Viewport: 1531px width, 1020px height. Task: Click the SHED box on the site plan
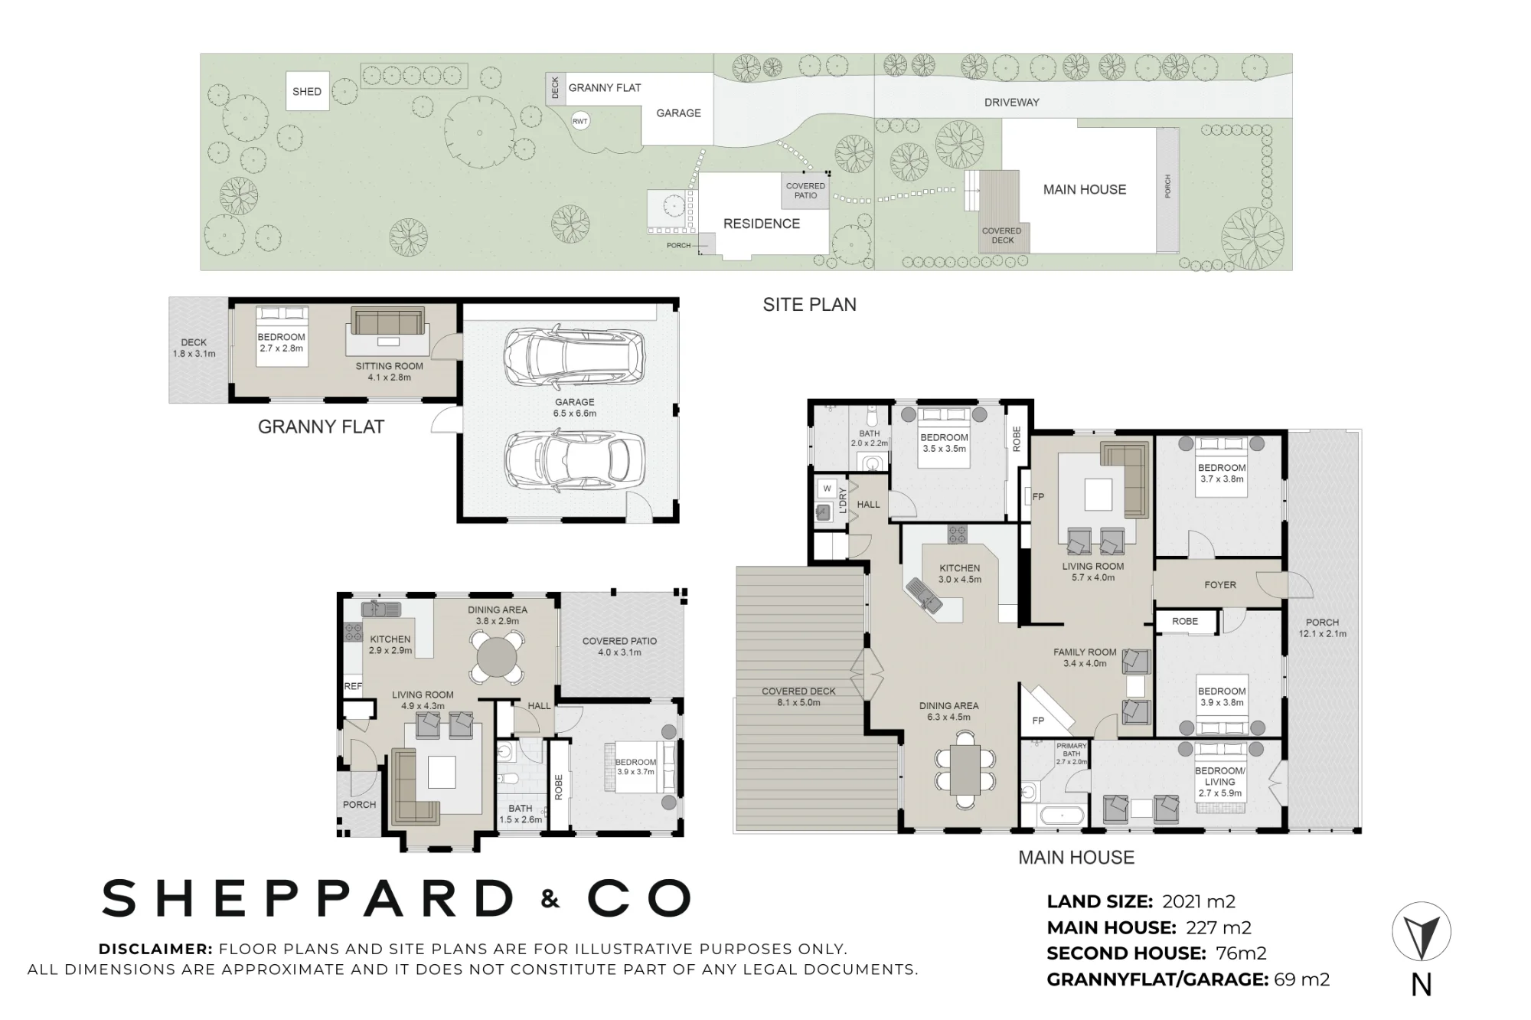pos(307,91)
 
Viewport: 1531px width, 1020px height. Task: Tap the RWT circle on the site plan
pos(580,121)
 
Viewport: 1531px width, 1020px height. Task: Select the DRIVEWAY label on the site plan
pos(1011,103)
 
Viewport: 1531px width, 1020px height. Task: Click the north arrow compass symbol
pos(1421,932)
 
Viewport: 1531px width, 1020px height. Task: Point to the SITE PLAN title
pos(809,305)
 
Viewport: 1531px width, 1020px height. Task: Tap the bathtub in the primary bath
pos(1060,815)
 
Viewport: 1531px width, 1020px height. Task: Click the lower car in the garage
pos(574,462)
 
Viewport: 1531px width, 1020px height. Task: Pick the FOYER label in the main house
pos(1220,585)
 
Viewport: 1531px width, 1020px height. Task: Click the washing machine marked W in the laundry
pos(827,489)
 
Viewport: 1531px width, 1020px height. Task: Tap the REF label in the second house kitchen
pos(353,687)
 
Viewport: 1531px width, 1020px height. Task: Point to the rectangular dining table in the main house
pos(965,770)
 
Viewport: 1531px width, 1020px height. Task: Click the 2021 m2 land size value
pos(1199,902)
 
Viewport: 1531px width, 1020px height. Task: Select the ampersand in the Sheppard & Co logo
pos(550,899)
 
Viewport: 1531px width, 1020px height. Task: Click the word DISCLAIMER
pos(155,949)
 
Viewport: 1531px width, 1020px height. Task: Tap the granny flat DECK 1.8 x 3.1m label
pos(194,348)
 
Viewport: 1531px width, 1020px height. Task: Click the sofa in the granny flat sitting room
pos(387,321)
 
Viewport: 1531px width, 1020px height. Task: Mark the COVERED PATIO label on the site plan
pos(805,191)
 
